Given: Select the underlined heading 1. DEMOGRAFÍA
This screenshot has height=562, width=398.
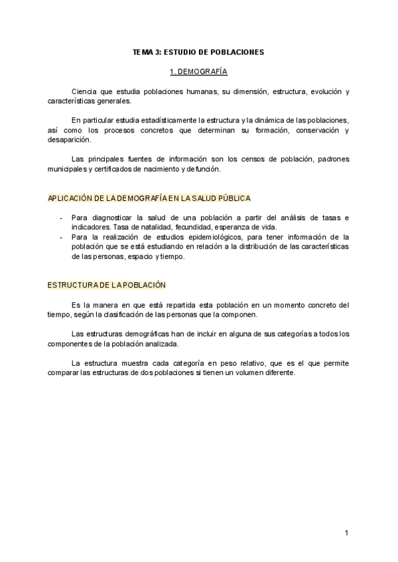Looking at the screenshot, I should pos(198,70).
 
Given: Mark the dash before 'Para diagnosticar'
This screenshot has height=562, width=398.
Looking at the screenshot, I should pos(61,217).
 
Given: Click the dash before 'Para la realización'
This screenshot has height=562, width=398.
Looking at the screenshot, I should pos(61,237).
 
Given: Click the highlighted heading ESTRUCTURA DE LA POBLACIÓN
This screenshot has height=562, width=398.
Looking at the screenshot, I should pos(106,285).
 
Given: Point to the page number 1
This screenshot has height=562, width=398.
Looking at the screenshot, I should pos(347,533).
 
